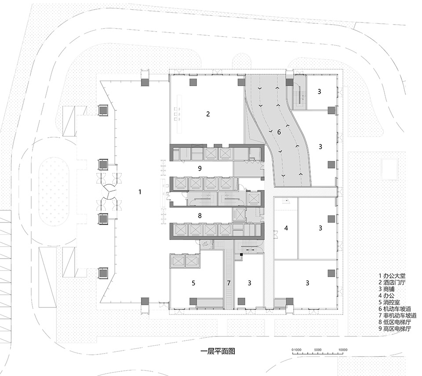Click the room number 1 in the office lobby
tap(140, 192)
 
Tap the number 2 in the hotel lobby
tap(208, 114)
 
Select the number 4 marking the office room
tap(286, 228)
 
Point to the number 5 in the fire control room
tap(193, 283)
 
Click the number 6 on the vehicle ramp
tap(279, 131)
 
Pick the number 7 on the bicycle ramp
tap(229, 282)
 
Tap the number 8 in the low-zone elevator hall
tap(200, 215)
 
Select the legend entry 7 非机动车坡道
tap(389, 316)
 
